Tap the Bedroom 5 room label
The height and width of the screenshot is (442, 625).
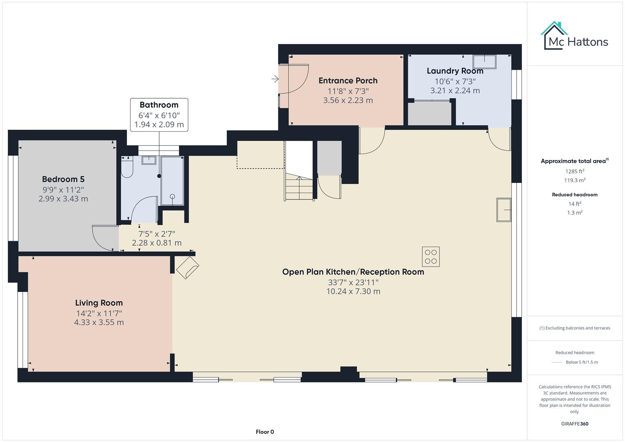point(63,179)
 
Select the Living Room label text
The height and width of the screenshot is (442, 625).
point(99,303)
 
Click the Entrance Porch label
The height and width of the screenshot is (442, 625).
point(348,81)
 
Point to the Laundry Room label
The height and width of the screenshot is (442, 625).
point(455,71)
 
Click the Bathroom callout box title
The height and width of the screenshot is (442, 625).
point(159,105)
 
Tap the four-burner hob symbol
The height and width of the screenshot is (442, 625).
point(431,257)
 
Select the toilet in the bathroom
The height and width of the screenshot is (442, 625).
point(127,168)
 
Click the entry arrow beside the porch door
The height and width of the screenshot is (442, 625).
point(275,79)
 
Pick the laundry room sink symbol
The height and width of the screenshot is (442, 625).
point(485,62)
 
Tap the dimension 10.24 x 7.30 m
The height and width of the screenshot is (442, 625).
point(353,291)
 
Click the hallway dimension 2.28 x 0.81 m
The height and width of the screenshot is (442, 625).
point(156,243)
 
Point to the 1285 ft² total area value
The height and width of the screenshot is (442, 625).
point(575,171)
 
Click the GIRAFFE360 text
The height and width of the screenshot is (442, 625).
point(575,424)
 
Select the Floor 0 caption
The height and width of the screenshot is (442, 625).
point(265,432)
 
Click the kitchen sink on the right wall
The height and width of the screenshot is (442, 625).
point(504,210)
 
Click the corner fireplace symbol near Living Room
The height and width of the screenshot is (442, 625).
point(187,267)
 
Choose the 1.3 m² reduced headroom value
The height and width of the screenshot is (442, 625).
point(575,212)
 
